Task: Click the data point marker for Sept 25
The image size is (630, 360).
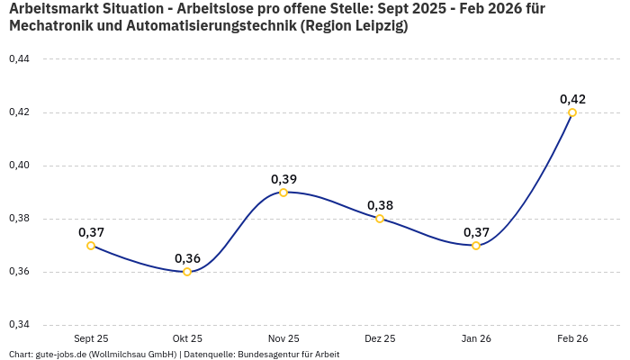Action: pyautogui.click(x=91, y=246)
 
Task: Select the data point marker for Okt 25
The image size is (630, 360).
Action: pyautogui.click(x=187, y=272)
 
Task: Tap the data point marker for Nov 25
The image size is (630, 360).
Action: pyautogui.click(x=283, y=193)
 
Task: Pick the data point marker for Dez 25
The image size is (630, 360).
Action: pyautogui.click(x=380, y=219)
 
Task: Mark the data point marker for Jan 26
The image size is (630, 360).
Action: pyautogui.click(x=476, y=246)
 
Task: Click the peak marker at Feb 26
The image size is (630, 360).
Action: pyautogui.click(x=572, y=112)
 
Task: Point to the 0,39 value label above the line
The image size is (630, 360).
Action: pyautogui.click(x=283, y=179)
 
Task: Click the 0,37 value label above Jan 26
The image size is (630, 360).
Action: pyautogui.click(x=476, y=232)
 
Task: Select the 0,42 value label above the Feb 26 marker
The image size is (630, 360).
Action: pyautogui.click(x=572, y=99)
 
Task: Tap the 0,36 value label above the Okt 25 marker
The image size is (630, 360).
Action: pyautogui.click(x=187, y=258)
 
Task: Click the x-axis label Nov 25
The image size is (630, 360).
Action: pyautogui.click(x=283, y=338)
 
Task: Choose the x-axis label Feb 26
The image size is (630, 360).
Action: pyautogui.click(x=572, y=338)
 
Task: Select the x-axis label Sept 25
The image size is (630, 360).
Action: pyautogui.click(x=91, y=338)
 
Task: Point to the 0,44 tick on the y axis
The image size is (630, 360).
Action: pyautogui.click(x=19, y=59)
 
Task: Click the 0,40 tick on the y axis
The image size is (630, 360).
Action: pyautogui.click(x=19, y=166)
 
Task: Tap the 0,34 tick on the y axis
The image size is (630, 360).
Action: pyautogui.click(x=19, y=325)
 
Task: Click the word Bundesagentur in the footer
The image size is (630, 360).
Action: pyautogui.click(x=274, y=355)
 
